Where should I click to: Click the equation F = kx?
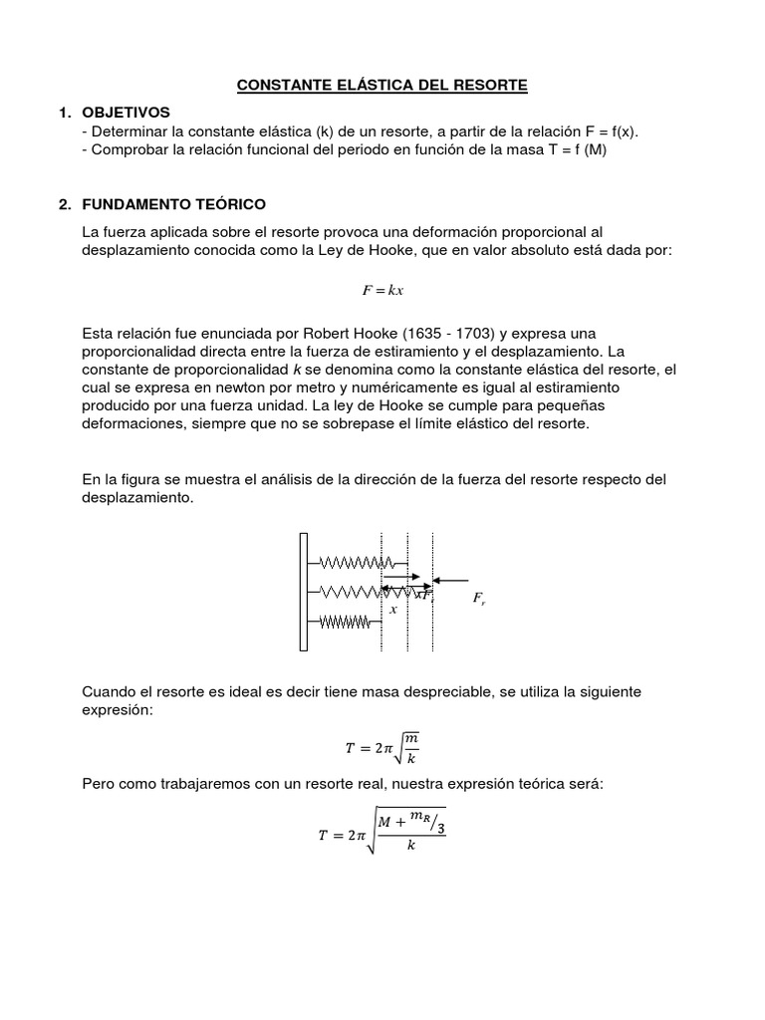coord(382,290)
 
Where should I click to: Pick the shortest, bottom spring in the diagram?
coord(345,623)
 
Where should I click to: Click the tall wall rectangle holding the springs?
coord(304,593)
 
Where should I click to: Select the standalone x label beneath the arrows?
coord(393,610)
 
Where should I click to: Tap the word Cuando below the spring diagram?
coord(111,691)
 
